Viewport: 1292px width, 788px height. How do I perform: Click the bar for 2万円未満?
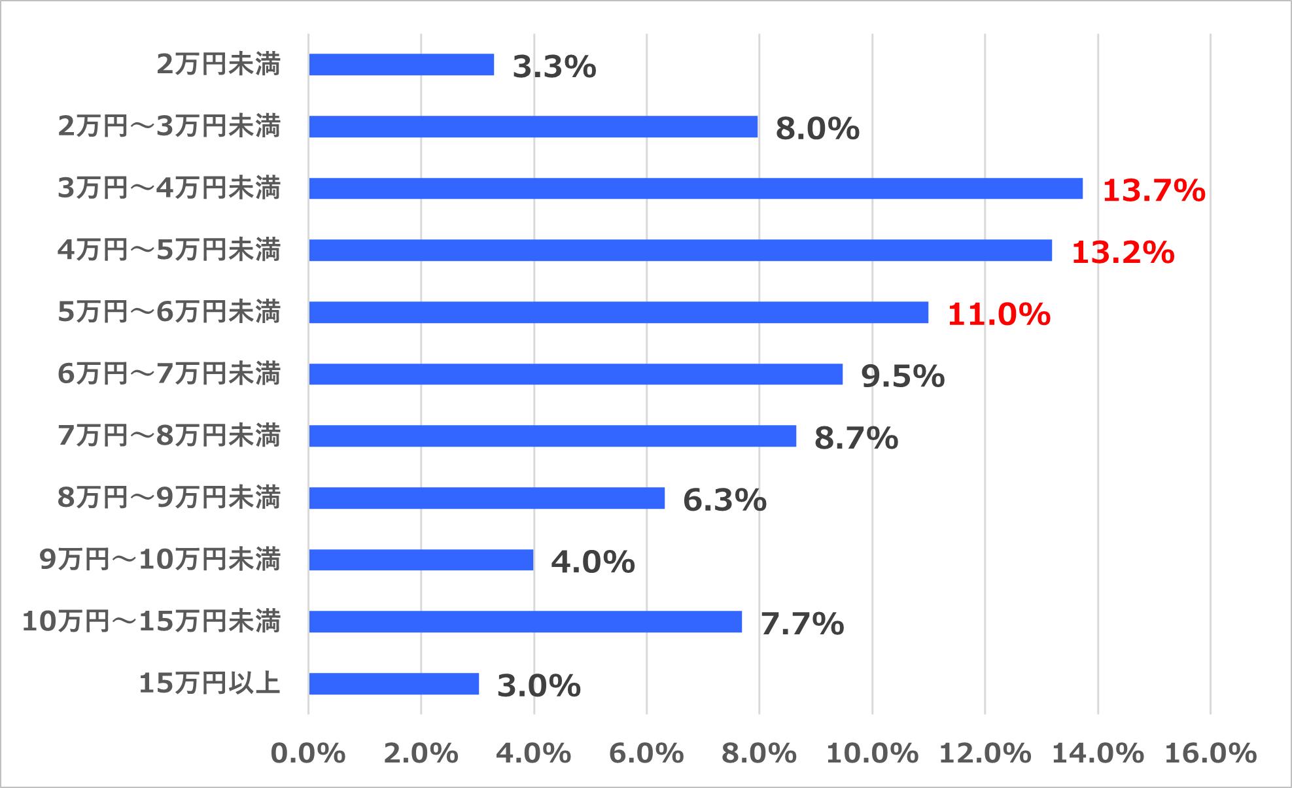(401, 65)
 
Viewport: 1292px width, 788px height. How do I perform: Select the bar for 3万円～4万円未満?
(695, 188)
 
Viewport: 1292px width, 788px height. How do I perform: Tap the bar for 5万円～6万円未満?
(618, 313)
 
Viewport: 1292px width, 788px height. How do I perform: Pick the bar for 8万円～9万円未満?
(487, 498)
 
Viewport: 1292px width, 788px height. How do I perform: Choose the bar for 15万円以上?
(394, 684)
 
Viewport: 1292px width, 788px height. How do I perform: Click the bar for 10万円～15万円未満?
(525, 622)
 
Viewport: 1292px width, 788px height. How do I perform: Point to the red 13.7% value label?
(1153, 190)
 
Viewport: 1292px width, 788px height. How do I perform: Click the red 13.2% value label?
(1123, 252)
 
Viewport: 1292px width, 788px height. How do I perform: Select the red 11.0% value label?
(999, 315)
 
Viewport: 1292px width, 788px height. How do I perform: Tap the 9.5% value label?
(903, 376)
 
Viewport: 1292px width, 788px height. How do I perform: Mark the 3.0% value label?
(539, 686)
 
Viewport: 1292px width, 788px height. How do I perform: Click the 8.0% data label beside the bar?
(817, 128)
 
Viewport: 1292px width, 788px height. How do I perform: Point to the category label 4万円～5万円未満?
(169, 250)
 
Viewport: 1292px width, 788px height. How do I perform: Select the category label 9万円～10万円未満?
(160, 559)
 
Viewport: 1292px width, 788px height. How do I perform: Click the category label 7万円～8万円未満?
(169, 436)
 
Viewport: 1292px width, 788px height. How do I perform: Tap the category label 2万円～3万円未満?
(169, 126)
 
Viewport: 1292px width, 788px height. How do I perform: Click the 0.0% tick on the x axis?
(308, 753)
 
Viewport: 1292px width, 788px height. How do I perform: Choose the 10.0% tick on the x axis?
(872, 753)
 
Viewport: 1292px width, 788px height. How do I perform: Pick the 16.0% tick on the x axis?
(1210, 753)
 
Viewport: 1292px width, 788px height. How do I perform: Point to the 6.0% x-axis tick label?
(646, 753)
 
